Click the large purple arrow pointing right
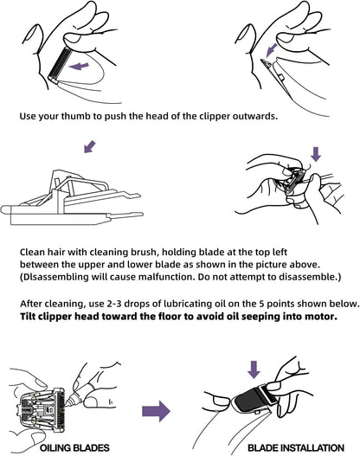156,411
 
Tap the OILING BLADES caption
74,448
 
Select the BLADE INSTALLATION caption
296,448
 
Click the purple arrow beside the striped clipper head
79,67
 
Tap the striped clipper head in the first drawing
58,65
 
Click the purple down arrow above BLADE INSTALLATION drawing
254,369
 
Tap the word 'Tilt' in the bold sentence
28,317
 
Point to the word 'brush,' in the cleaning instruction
144,252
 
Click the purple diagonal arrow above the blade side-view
89,146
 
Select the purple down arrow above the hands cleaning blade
316,154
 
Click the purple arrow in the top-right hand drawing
272,49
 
